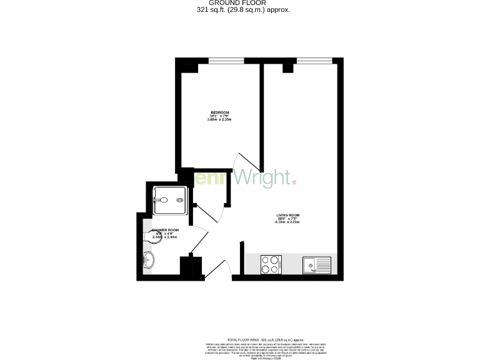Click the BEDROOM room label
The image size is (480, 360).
click(x=219, y=112)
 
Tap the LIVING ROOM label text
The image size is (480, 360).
click(x=289, y=215)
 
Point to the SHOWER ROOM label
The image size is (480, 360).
click(x=166, y=231)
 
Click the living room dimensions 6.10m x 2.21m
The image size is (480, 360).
click(x=289, y=222)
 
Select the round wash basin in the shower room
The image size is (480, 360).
click(x=148, y=261)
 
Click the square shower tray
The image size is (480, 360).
click(x=169, y=200)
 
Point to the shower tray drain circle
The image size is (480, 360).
click(x=180, y=200)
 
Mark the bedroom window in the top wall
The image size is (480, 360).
click(x=226, y=61)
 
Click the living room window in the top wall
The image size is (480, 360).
click(x=314, y=61)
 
